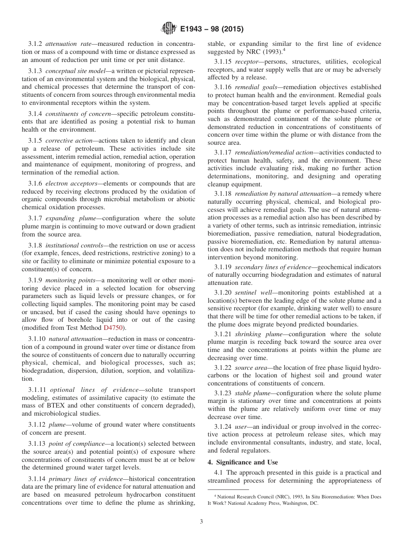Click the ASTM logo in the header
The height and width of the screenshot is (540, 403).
tap(169, 29)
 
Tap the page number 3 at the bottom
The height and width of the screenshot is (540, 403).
tap(201, 521)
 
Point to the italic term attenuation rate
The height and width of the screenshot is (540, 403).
tap(69, 44)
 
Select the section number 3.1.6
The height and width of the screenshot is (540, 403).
tap(35, 183)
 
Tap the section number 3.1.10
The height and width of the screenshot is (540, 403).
tap(37, 339)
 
